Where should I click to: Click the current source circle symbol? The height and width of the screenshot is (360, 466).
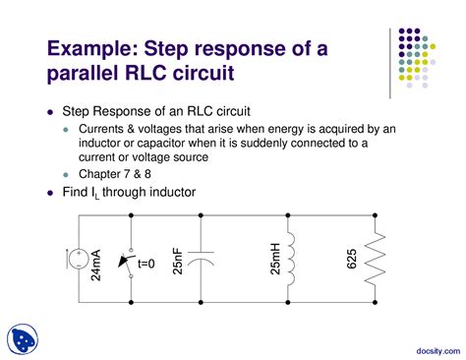[76, 260]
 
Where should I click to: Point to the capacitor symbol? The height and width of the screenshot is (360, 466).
[201, 260]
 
